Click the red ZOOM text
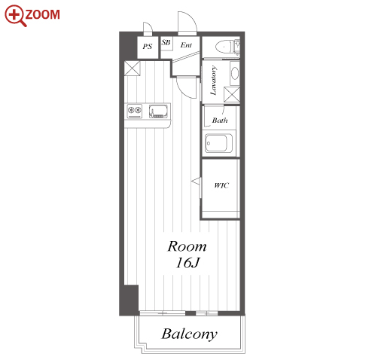(x=42, y=14)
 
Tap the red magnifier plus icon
(x=15, y=15)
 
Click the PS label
(x=148, y=47)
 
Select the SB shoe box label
(x=166, y=42)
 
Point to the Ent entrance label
(x=186, y=45)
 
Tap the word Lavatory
(x=213, y=81)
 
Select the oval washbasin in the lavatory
(x=235, y=73)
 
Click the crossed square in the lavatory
(x=232, y=94)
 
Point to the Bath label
(x=220, y=121)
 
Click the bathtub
(x=218, y=143)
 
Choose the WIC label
(x=221, y=185)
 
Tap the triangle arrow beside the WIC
(x=196, y=182)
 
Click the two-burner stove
(x=134, y=111)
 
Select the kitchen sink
(x=158, y=111)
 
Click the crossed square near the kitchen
(x=133, y=68)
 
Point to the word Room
(x=187, y=246)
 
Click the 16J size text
(x=187, y=263)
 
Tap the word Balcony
(x=190, y=334)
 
